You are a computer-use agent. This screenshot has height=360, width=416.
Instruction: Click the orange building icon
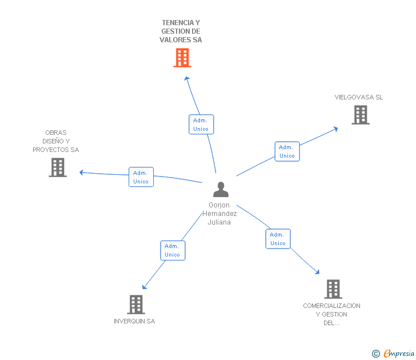(x=182, y=58)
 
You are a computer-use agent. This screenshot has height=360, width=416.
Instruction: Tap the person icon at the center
(x=221, y=189)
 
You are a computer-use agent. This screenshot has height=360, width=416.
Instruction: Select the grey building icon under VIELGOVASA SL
(x=361, y=115)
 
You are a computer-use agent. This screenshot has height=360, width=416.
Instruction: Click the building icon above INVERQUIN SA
(x=136, y=305)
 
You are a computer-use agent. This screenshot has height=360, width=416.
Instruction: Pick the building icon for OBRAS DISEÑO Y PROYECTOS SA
(x=58, y=167)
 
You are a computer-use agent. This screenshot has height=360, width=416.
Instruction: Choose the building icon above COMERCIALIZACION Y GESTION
(x=333, y=289)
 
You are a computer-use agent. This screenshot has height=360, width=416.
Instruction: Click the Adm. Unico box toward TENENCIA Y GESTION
(x=201, y=125)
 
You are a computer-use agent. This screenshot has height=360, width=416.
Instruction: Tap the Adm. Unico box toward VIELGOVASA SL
(x=287, y=151)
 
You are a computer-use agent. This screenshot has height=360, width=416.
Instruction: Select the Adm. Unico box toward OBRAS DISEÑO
(x=141, y=177)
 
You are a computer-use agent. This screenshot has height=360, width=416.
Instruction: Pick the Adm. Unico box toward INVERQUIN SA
(x=173, y=250)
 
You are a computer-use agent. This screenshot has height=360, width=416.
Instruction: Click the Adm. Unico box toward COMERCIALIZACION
(x=278, y=239)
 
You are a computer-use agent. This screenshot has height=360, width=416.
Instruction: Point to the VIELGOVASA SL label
(x=359, y=97)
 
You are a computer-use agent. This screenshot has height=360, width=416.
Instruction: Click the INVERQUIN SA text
(x=134, y=321)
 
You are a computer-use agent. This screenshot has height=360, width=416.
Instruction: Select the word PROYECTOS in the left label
(x=51, y=150)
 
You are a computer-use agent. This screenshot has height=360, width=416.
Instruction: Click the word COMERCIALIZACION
(x=331, y=306)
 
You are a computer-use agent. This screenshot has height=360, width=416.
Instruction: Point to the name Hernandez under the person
(x=219, y=214)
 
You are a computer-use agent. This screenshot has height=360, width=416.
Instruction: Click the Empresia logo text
(x=399, y=354)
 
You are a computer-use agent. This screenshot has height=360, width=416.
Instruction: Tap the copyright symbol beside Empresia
(x=376, y=354)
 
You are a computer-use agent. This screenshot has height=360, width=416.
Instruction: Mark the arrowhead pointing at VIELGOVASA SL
(x=335, y=129)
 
